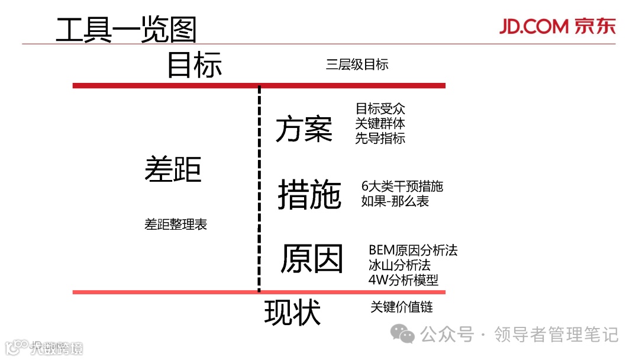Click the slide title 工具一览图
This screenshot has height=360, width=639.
point(125,29)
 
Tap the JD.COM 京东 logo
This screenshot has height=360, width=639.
point(557,27)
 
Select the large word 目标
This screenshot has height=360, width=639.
point(194,65)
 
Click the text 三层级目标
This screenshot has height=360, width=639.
point(357,65)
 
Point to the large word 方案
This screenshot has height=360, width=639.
point(304,128)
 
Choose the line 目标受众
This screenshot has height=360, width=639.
point(380,109)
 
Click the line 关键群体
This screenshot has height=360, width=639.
point(380,124)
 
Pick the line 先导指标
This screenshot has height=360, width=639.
point(380,139)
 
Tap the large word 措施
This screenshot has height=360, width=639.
point(309,195)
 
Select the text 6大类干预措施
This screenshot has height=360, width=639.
point(402,186)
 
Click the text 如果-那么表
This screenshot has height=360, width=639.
point(395,201)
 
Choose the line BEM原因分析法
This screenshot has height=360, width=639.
point(412,250)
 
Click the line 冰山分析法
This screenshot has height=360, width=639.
point(399,265)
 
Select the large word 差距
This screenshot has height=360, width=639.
point(173,169)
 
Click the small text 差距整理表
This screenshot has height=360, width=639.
point(176,224)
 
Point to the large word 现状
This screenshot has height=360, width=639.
point(292,313)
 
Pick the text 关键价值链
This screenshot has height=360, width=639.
point(402,307)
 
